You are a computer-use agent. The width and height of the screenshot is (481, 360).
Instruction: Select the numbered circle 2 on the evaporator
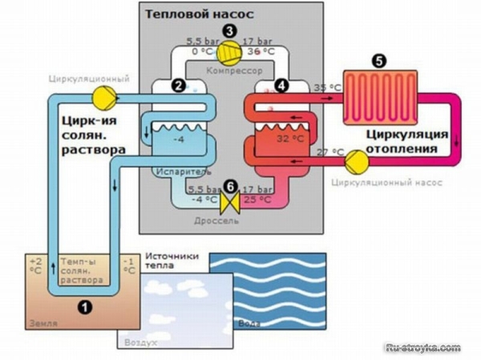coord(180,83)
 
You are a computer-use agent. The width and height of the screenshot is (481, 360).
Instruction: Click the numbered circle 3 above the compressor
coord(230,30)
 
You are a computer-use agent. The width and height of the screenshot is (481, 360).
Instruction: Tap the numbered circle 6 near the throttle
coord(230,184)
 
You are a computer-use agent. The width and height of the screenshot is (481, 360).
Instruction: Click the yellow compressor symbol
coord(230,51)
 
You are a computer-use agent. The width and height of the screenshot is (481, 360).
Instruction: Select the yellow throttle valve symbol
coord(230,203)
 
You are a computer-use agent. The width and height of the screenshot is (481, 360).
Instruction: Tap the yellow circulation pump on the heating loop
coord(354,160)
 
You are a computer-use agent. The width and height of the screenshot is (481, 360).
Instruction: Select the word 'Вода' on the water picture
coord(249,325)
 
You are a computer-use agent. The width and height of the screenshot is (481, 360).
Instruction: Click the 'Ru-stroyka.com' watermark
coord(423,348)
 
